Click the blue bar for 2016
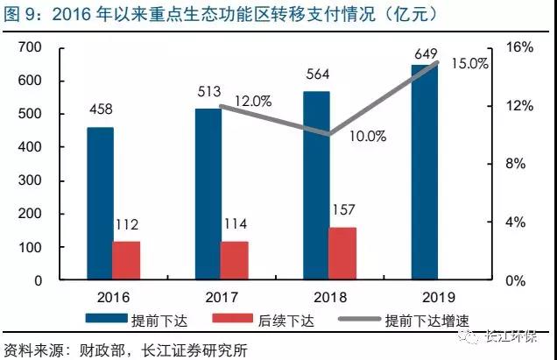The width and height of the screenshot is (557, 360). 100,203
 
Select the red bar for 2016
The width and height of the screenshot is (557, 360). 126,260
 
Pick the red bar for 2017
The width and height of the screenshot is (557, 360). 234,260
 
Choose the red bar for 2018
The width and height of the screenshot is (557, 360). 342,253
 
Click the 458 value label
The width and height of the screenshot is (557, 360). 100,110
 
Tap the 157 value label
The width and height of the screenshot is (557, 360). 342,212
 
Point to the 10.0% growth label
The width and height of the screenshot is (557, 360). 368,136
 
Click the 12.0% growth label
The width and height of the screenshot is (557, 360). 253,101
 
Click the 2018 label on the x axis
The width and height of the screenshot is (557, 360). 328,296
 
